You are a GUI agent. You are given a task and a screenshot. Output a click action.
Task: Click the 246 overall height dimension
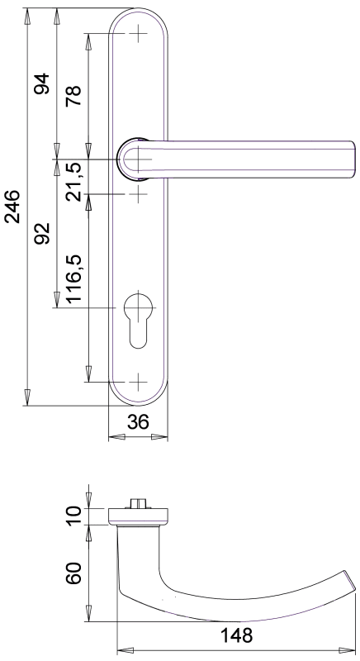pos(12,207)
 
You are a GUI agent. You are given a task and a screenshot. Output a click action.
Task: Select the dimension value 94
pos(42,83)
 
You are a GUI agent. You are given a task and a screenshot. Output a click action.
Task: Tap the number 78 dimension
pos(73,96)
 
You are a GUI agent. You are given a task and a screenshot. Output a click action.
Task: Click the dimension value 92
pos(42,233)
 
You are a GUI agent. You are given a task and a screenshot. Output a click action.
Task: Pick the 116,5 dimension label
pos(73,278)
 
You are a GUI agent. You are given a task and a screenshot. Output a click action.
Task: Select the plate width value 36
pos(138,421)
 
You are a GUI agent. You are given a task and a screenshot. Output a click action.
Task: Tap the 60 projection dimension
pos(73,573)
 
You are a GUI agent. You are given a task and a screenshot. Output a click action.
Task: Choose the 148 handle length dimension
pos(236,635)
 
